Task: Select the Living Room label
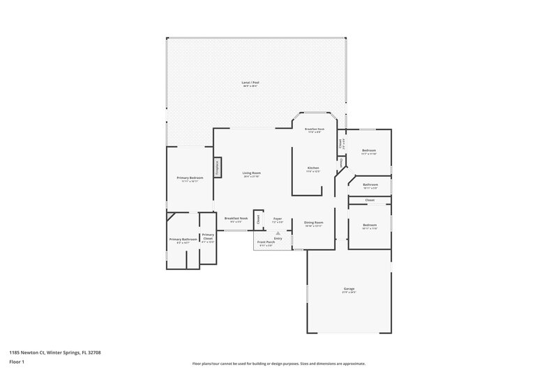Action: click(x=251, y=173)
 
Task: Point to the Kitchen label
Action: click(x=314, y=168)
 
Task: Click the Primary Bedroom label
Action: click(x=190, y=177)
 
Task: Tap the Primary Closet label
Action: click(x=208, y=236)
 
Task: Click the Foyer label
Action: click(x=278, y=219)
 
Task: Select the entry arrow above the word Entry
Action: click(x=278, y=233)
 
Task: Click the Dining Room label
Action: click(x=313, y=223)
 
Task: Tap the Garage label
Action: click(x=349, y=289)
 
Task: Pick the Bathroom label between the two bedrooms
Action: click(x=370, y=185)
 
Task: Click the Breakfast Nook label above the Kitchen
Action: click(x=314, y=129)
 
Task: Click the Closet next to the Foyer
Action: click(x=258, y=219)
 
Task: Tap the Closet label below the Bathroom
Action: click(x=370, y=200)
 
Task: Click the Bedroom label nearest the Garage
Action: click(x=370, y=226)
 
